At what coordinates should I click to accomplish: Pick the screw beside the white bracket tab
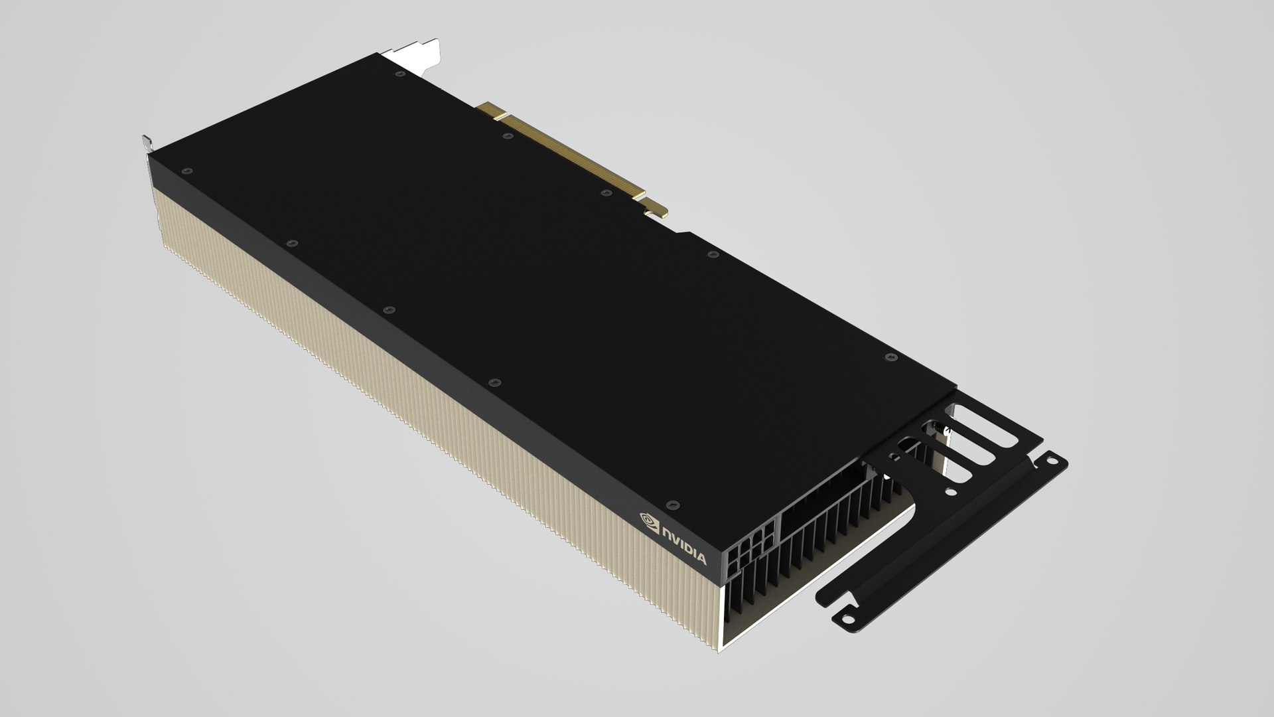(399, 74)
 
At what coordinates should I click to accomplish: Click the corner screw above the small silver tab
(186, 170)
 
